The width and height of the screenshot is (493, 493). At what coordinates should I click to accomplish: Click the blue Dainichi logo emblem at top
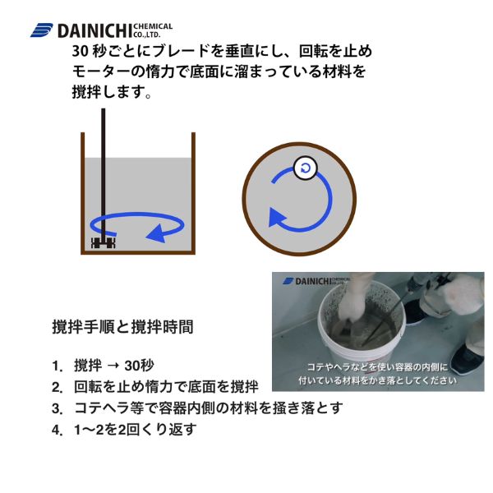pyautogui.click(x=42, y=30)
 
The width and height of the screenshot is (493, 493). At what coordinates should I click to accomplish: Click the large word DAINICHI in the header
pyautogui.click(x=94, y=31)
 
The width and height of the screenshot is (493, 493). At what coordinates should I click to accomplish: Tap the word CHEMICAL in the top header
pyautogui.click(x=153, y=26)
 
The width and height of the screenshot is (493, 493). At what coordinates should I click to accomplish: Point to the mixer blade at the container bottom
pyautogui.click(x=104, y=242)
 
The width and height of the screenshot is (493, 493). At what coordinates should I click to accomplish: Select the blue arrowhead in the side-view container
pyautogui.click(x=156, y=233)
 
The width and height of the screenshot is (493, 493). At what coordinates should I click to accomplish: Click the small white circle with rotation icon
pyautogui.click(x=305, y=168)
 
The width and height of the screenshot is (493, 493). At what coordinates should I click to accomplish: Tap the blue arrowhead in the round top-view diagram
pyautogui.click(x=277, y=217)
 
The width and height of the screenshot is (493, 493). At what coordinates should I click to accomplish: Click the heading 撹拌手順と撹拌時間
pyautogui.click(x=122, y=327)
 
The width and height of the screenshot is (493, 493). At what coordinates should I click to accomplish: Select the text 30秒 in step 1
pyautogui.click(x=140, y=366)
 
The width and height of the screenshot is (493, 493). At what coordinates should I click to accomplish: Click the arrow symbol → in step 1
pyautogui.click(x=113, y=366)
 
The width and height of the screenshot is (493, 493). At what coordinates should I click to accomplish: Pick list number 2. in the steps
pyautogui.click(x=58, y=387)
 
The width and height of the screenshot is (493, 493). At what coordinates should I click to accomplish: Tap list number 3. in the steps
pyautogui.click(x=58, y=408)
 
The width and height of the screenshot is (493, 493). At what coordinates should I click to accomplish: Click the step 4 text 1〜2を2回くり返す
pyautogui.click(x=136, y=430)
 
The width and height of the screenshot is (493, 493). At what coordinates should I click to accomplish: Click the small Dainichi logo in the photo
pyautogui.click(x=316, y=281)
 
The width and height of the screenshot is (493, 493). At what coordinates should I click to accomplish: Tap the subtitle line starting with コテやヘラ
pyautogui.click(x=377, y=367)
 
